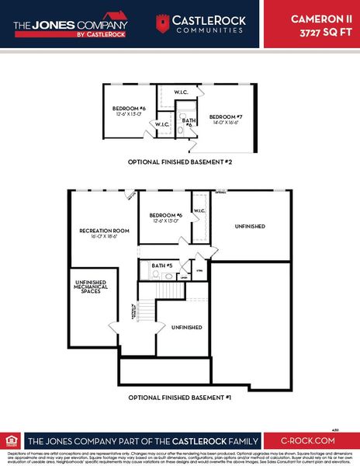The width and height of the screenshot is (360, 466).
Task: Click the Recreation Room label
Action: pos(103,231)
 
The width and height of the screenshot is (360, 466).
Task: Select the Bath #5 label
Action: pos(162,266)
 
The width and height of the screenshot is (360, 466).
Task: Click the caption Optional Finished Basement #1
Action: pos(180,398)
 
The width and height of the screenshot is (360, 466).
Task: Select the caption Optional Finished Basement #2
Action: pos(180,162)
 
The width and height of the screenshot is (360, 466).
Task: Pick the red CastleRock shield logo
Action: pos(163,23)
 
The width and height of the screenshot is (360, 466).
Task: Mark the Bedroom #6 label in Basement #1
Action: pos(164,215)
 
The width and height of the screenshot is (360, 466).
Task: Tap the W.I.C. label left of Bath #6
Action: pos(163,124)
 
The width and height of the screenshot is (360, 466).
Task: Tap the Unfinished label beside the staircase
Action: pos(186,328)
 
